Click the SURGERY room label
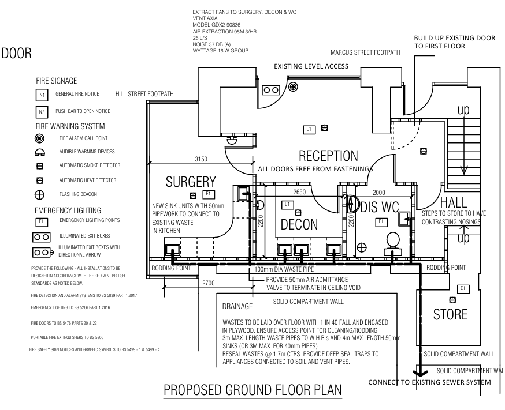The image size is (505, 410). tap(191, 182)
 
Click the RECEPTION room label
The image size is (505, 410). tap(328, 156)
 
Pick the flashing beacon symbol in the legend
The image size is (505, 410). tap(39, 195)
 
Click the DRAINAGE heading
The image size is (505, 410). tap(239, 303)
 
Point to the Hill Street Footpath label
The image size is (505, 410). tap(145, 94)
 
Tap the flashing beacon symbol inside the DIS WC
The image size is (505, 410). tap(361, 247)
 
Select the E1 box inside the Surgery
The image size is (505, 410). tap(208, 194)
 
